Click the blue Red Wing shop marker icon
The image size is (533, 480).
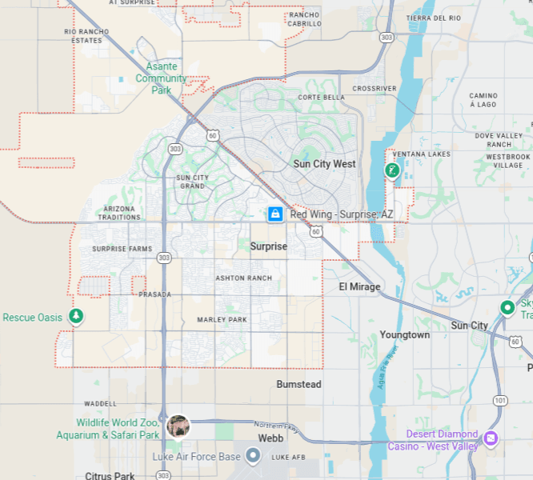(x=275, y=214)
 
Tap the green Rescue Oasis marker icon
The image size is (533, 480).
(x=75, y=318)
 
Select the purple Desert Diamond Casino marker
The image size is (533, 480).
(x=491, y=438)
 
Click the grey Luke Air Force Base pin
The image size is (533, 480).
(x=253, y=456)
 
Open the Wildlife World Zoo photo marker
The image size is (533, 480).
(x=178, y=426)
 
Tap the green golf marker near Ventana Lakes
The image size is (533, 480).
(x=391, y=170)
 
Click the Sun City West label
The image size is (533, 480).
(x=324, y=164)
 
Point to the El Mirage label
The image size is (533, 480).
(x=359, y=286)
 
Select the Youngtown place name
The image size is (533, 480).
(x=404, y=334)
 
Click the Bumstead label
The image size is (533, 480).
(x=299, y=384)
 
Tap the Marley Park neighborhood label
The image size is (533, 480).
(x=222, y=320)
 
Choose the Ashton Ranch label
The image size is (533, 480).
(x=243, y=278)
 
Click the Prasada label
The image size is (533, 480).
(x=154, y=294)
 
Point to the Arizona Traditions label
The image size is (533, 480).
(x=118, y=213)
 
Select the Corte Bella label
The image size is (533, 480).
(x=321, y=97)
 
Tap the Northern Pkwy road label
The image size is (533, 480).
(x=275, y=428)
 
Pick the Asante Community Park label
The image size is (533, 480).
(x=161, y=78)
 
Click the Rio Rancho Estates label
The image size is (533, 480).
(x=87, y=35)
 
